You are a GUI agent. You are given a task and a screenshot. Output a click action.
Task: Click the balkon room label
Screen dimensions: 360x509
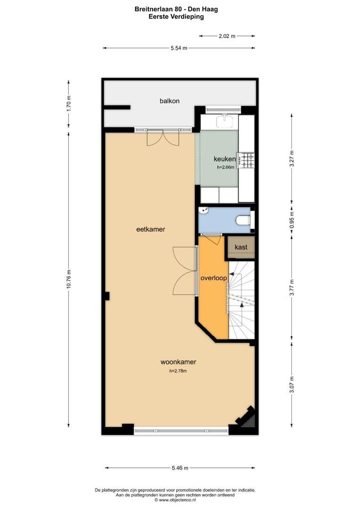(x=170, y=101)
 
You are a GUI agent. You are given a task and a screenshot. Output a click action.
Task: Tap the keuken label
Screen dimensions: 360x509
(x=225, y=159)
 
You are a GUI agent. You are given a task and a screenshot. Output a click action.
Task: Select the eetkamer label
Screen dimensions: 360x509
(x=151, y=229)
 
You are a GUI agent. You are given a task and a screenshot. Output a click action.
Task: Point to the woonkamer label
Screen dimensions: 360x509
(x=178, y=362)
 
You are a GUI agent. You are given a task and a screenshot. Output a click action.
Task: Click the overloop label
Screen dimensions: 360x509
(x=213, y=278)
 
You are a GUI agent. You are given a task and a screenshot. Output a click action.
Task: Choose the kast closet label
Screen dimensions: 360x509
(x=241, y=247)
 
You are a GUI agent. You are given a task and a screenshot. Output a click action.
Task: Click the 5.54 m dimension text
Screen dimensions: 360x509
(x=179, y=48)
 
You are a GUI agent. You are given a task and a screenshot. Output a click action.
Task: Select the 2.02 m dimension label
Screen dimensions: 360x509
(x=227, y=36)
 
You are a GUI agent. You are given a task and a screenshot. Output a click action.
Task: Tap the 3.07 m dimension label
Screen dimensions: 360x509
(x=292, y=385)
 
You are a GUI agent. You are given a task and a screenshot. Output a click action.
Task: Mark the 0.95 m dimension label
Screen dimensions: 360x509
(x=292, y=220)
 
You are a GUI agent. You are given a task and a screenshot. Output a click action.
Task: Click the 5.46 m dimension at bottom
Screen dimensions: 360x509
(x=180, y=468)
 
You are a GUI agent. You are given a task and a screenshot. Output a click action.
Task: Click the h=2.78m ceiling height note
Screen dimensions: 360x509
(x=178, y=371)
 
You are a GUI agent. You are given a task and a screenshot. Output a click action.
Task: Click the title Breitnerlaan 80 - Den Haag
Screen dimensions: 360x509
(x=176, y=9)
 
